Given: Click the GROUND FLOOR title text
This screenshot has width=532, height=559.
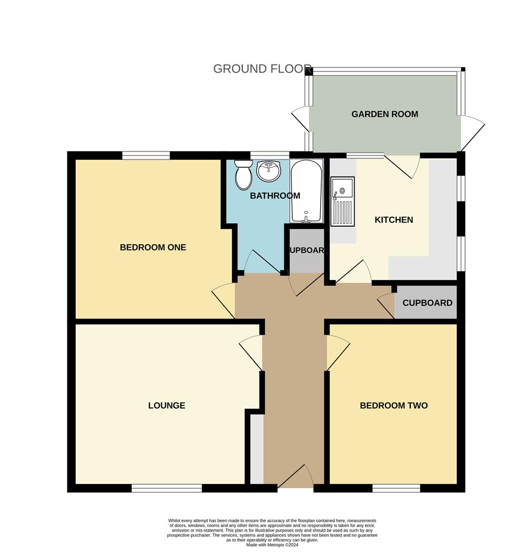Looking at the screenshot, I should pos(262,69).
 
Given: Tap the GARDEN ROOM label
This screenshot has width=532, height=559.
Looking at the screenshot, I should pos(384,114).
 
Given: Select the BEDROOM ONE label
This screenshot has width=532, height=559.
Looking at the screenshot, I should pos(153,247).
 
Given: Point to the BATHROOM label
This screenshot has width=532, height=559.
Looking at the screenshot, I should pos(275,196).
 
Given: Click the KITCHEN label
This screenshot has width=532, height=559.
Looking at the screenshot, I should pos(394,220).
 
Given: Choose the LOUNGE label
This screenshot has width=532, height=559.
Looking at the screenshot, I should pos(166,406).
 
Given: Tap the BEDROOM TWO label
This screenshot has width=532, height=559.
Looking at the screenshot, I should pos(394,406).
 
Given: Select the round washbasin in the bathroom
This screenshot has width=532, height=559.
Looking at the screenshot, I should pos(269,170).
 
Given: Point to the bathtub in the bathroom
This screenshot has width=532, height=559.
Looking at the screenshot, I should pos(306,190).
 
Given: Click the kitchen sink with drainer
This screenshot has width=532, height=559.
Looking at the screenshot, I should pos(342,202).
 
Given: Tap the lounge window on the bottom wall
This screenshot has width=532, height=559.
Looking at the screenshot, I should pos(166,488).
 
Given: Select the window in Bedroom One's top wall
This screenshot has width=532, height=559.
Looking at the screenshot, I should pos(146,155).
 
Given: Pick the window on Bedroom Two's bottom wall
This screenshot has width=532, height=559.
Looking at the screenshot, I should pos(396,488).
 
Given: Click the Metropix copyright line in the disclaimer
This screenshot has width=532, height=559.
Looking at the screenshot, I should pos(272,545).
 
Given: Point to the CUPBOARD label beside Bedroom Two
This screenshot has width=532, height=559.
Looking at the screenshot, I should pos(427,303).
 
